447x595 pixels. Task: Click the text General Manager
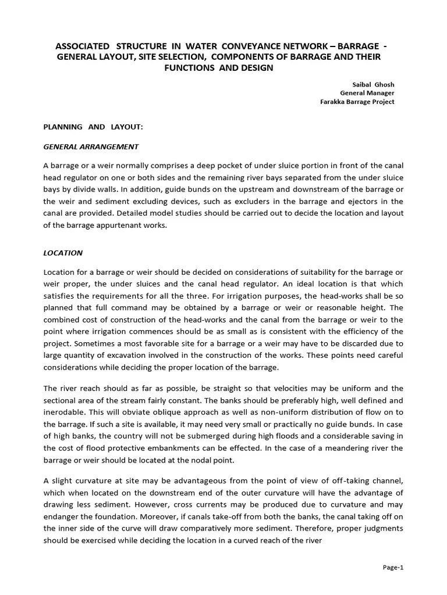coord(367,92)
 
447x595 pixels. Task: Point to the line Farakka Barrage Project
coord(357,101)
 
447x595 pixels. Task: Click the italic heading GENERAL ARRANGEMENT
coord(91,146)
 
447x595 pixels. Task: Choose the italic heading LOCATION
coord(63,253)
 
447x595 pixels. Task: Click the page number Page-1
coord(393,568)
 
